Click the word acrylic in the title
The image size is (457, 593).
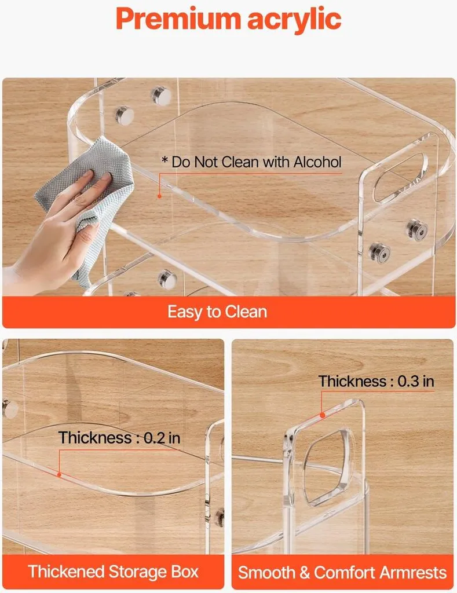(294, 20)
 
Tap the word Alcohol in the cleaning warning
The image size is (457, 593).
(317, 162)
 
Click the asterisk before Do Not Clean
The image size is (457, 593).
(164, 160)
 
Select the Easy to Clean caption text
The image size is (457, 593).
(217, 312)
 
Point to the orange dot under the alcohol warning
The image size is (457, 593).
(160, 196)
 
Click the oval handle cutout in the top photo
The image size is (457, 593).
(398, 177)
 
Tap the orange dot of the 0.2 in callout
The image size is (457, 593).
(59, 475)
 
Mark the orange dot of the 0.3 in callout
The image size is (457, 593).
(322, 415)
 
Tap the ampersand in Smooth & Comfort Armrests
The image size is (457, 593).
(305, 572)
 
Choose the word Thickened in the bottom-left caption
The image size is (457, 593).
(66, 571)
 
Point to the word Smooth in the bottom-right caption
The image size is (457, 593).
(266, 572)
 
